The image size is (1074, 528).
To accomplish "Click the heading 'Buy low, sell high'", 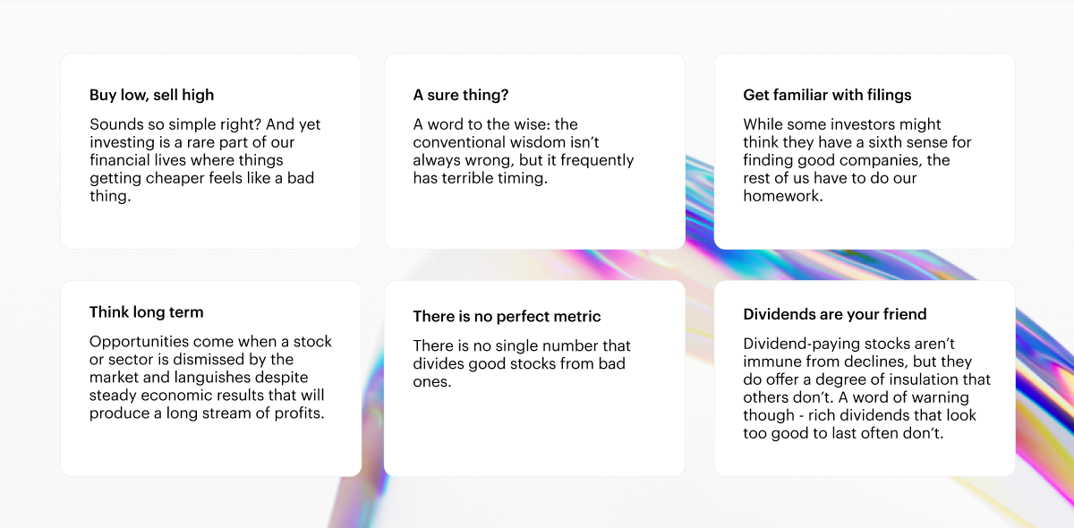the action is click(x=151, y=95).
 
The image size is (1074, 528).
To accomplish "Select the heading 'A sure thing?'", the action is click(x=460, y=95).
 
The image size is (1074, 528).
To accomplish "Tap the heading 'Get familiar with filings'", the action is click(x=827, y=95).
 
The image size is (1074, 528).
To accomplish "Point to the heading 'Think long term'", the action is click(x=146, y=312).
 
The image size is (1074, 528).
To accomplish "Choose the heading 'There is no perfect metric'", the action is click(x=507, y=317).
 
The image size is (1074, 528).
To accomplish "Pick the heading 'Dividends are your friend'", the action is click(x=835, y=314).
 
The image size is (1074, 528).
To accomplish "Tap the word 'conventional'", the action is click(x=458, y=142).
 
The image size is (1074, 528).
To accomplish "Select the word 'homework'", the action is click(x=781, y=196).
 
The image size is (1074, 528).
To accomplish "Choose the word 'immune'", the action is click(x=769, y=362).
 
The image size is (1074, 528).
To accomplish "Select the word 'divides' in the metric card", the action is click(x=439, y=364).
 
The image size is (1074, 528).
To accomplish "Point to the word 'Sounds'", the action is click(x=116, y=124).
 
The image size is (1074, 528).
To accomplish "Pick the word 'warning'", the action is click(x=940, y=397).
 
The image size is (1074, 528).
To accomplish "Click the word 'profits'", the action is click(x=297, y=413).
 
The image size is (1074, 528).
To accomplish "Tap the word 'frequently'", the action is click(x=598, y=160).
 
